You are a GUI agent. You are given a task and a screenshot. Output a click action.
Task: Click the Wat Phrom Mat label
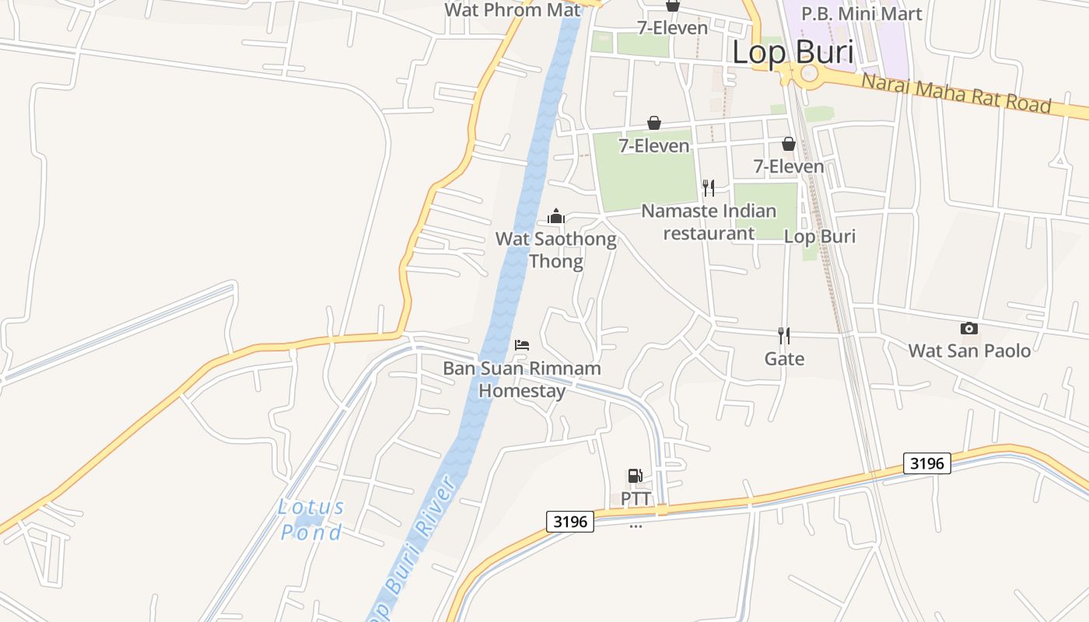(513, 10)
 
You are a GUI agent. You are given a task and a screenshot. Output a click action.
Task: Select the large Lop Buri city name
(793, 52)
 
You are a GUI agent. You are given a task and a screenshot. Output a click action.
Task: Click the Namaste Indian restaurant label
(709, 222)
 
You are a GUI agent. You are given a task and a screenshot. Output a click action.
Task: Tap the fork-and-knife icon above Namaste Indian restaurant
(708, 187)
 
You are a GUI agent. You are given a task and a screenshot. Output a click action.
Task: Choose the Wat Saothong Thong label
(555, 250)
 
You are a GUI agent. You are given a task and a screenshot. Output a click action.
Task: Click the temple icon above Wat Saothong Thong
(556, 216)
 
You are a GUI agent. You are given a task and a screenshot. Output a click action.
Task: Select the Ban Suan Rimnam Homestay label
(522, 379)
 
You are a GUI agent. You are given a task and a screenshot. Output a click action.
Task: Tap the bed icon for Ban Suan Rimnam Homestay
(522, 344)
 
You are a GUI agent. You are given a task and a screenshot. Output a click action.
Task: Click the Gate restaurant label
(784, 358)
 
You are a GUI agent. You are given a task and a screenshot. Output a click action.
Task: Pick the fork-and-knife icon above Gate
(784, 335)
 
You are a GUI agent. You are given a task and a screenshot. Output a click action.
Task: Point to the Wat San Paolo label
(969, 351)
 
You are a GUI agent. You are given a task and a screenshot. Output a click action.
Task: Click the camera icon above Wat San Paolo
(968, 328)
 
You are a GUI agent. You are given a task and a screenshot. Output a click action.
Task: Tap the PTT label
(636, 498)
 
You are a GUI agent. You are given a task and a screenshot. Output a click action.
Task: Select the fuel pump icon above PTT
(636, 475)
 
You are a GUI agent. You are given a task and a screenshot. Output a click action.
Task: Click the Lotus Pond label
(311, 519)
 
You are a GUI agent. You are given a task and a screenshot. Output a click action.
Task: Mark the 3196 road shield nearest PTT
(570, 521)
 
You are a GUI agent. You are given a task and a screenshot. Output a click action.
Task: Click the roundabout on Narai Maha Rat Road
(810, 73)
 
